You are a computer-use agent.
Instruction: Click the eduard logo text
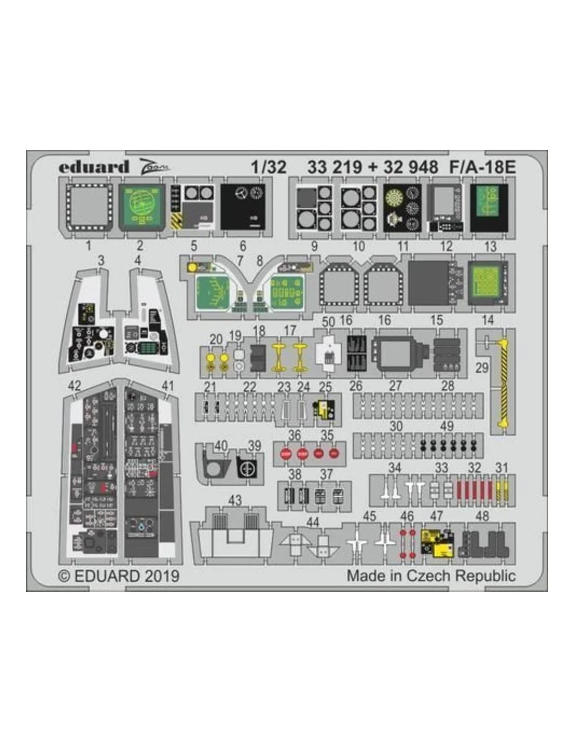93,167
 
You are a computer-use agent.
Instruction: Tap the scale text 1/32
268,167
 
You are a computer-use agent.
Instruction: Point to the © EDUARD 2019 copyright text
119,576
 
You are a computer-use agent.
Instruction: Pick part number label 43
235,500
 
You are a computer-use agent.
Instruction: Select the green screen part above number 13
489,208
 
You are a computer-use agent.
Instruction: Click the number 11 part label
403,246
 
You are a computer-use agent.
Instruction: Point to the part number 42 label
75,386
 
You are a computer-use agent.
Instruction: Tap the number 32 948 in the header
411,167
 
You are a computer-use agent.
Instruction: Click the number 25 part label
326,387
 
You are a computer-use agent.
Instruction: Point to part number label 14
487,320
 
